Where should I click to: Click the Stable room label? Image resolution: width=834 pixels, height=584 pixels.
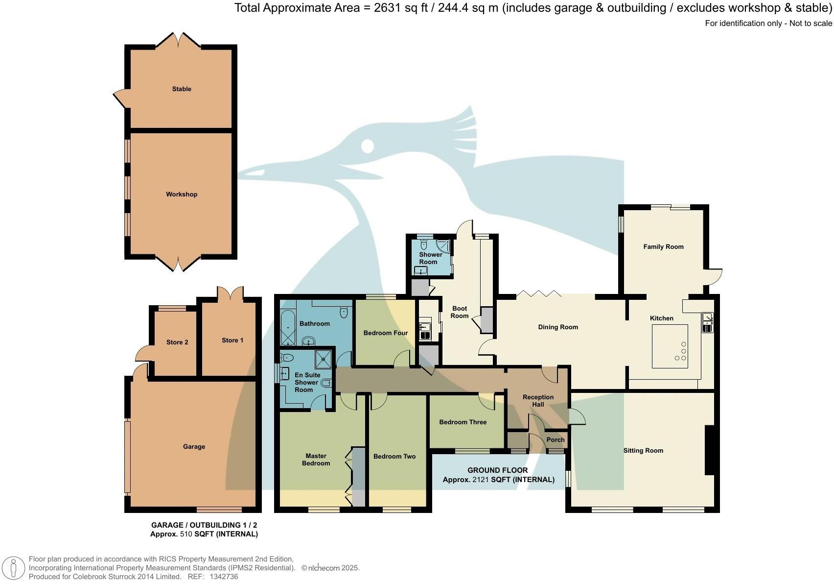pyautogui.click(x=181, y=89)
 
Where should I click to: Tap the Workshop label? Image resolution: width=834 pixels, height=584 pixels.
pyautogui.click(x=181, y=194)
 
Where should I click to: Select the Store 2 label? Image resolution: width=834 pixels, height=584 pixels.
pyautogui.click(x=177, y=342)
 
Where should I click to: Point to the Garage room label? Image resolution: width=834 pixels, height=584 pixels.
pyautogui.click(x=194, y=446)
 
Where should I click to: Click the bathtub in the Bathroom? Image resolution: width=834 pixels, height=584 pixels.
pyautogui.click(x=288, y=328)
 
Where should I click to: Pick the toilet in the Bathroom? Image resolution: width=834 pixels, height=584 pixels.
pyautogui.click(x=344, y=312)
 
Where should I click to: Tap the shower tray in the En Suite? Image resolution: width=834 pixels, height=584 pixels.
pyautogui.click(x=323, y=359)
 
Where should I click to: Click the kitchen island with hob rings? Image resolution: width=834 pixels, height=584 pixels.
pyautogui.click(x=670, y=346)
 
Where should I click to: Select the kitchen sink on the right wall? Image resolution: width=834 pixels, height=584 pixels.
pyautogui.click(x=707, y=322)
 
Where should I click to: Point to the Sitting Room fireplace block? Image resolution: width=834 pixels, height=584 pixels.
pyautogui.click(x=710, y=450)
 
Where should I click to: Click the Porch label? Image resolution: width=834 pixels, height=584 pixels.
pyautogui.click(x=555, y=440)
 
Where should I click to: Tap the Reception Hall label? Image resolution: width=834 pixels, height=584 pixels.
pyautogui.click(x=538, y=401)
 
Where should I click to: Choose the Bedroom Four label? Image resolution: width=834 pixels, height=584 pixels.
pyautogui.click(x=385, y=333)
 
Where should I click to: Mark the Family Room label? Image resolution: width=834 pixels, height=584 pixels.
pyautogui.click(x=663, y=247)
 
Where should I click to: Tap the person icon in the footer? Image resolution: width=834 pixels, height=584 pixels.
pyautogui.click(x=14, y=568)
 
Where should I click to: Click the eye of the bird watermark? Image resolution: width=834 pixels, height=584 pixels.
pyautogui.click(x=368, y=146)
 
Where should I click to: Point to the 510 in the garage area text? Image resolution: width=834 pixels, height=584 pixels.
pyautogui.click(x=186, y=534)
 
